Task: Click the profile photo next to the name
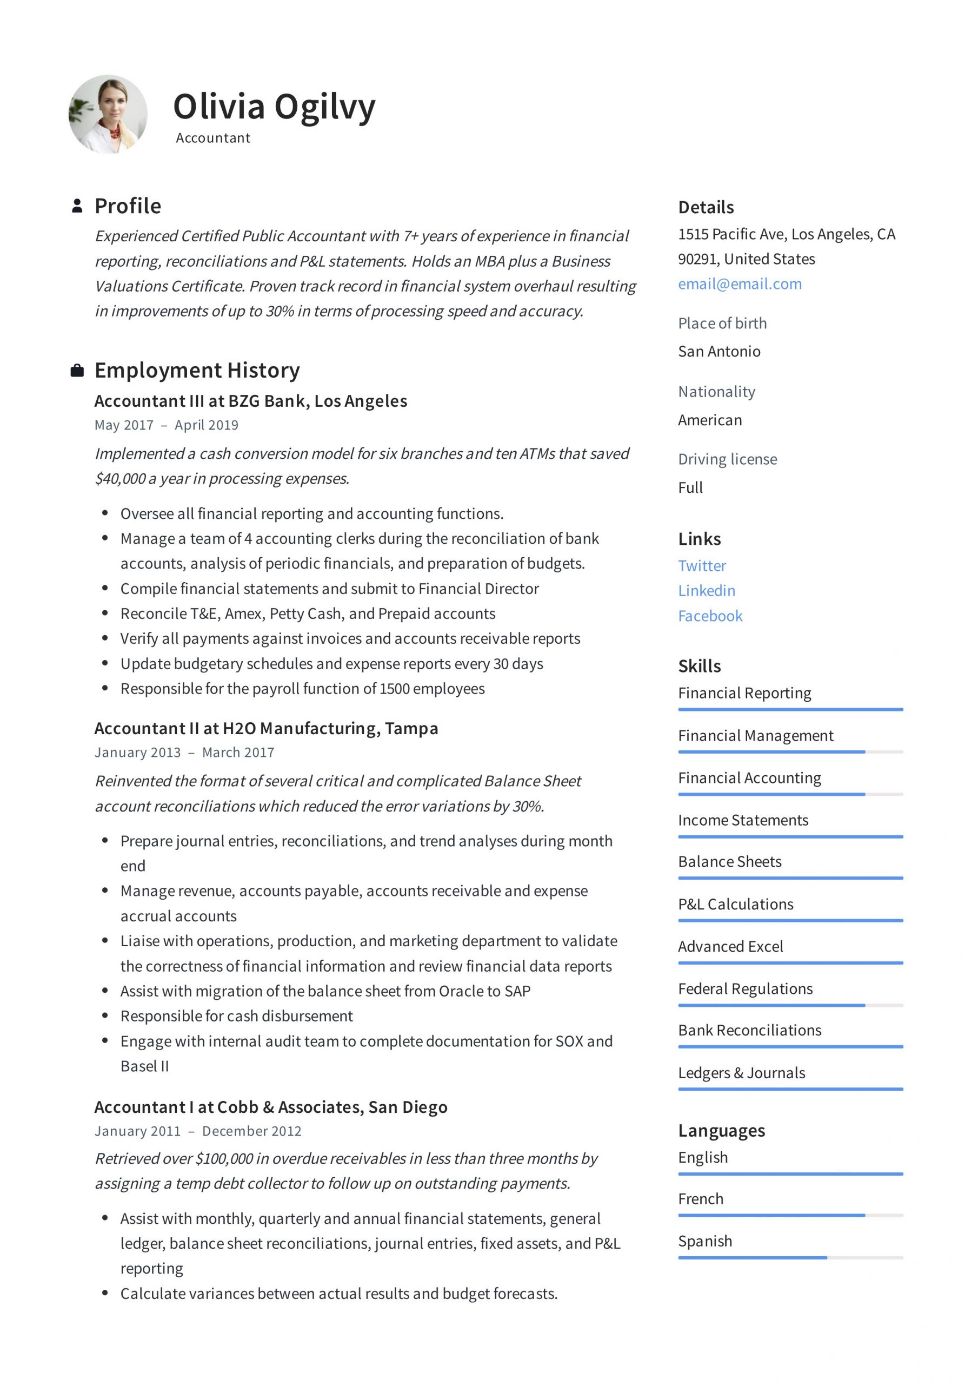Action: coord(108,115)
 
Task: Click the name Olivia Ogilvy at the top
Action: coord(274,107)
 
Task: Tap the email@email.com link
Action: coord(739,284)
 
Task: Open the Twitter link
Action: coord(701,566)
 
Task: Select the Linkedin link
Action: coord(706,591)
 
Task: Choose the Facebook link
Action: coord(710,616)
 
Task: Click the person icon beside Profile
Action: coord(77,206)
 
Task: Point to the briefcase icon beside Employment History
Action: coord(77,371)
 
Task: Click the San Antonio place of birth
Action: coord(718,351)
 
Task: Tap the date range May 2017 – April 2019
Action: coord(166,425)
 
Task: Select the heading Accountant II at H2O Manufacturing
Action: coord(266,729)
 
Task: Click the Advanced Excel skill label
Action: coord(730,946)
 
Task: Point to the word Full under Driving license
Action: coord(690,487)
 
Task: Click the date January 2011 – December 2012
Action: coord(198,1131)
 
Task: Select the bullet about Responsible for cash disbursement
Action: coord(236,1016)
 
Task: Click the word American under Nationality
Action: coord(710,420)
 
